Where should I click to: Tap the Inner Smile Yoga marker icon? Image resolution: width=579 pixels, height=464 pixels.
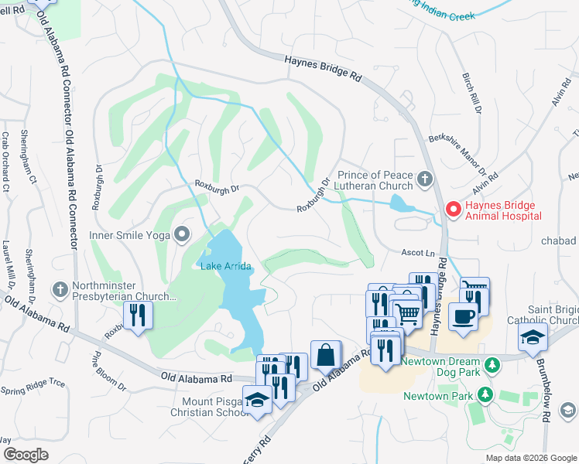(183, 233)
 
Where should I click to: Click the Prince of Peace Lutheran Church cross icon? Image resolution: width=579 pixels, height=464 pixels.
(424, 179)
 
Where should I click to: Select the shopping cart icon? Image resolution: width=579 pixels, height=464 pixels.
(408, 313)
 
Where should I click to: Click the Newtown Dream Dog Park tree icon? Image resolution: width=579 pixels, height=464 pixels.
(492, 364)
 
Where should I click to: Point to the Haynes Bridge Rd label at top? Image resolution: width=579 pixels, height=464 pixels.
(323, 68)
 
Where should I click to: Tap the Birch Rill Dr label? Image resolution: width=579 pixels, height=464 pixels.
(471, 94)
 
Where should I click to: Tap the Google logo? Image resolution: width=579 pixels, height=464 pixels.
(26, 455)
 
